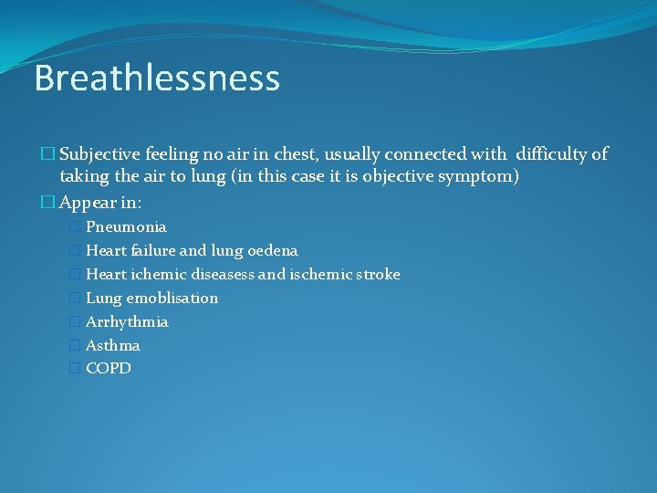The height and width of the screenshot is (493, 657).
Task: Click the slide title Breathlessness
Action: click(x=156, y=79)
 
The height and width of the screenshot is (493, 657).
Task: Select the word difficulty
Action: click(x=552, y=154)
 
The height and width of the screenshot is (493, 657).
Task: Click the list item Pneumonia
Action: click(x=126, y=226)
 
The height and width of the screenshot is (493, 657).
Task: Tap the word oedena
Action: click(x=272, y=250)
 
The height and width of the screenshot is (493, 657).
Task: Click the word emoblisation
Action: click(x=172, y=298)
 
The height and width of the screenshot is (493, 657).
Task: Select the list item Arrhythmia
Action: click(x=127, y=321)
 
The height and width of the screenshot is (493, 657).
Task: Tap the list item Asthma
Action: click(x=113, y=345)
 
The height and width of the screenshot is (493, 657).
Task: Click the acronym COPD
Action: click(x=109, y=368)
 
